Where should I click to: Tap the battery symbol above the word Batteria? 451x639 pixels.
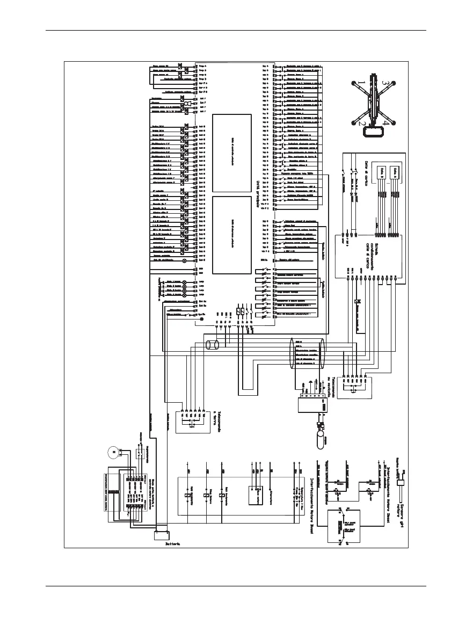[x=162, y=535]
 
